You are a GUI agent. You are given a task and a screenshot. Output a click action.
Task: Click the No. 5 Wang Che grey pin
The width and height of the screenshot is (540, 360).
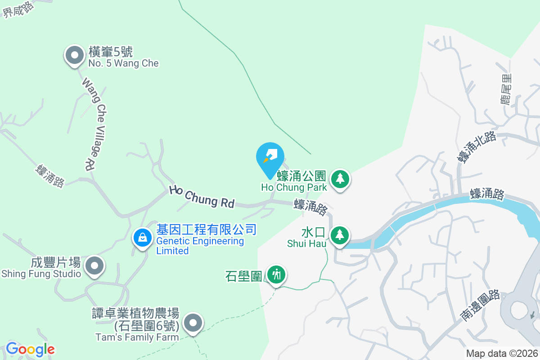click(x=75, y=56)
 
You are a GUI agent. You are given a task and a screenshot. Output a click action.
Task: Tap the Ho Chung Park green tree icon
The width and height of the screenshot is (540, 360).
click(x=341, y=179)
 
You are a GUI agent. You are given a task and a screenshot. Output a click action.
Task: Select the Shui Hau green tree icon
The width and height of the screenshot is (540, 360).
click(x=340, y=235)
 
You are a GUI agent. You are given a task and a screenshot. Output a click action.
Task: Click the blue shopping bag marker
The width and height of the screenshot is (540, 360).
click(x=143, y=237)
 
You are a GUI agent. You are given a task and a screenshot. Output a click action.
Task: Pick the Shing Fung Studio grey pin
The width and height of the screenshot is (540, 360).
click(x=94, y=265)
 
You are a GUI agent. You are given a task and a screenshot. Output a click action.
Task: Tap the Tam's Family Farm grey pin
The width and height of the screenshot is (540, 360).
click(x=193, y=323)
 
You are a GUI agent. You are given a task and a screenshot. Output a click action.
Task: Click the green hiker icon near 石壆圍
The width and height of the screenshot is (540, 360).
click(x=276, y=274)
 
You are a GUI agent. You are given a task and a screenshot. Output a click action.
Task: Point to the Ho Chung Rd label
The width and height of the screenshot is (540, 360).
click(x=202, y=197)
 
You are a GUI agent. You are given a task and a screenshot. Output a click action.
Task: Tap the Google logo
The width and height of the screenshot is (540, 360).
click(x=30, y=349)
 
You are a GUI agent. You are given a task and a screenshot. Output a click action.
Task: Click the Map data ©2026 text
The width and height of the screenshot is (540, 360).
click(x=502, y=353)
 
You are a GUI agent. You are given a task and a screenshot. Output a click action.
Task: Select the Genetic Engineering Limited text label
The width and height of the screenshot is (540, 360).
click(x=200, y=246)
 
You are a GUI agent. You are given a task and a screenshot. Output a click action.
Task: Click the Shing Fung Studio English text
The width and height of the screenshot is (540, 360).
click(x=41, y=274)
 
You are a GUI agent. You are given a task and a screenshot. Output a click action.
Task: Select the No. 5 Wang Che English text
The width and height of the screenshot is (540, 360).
click(x=123, y=63)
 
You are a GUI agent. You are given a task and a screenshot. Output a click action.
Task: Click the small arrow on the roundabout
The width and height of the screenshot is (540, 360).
click(x=533, y=315)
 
